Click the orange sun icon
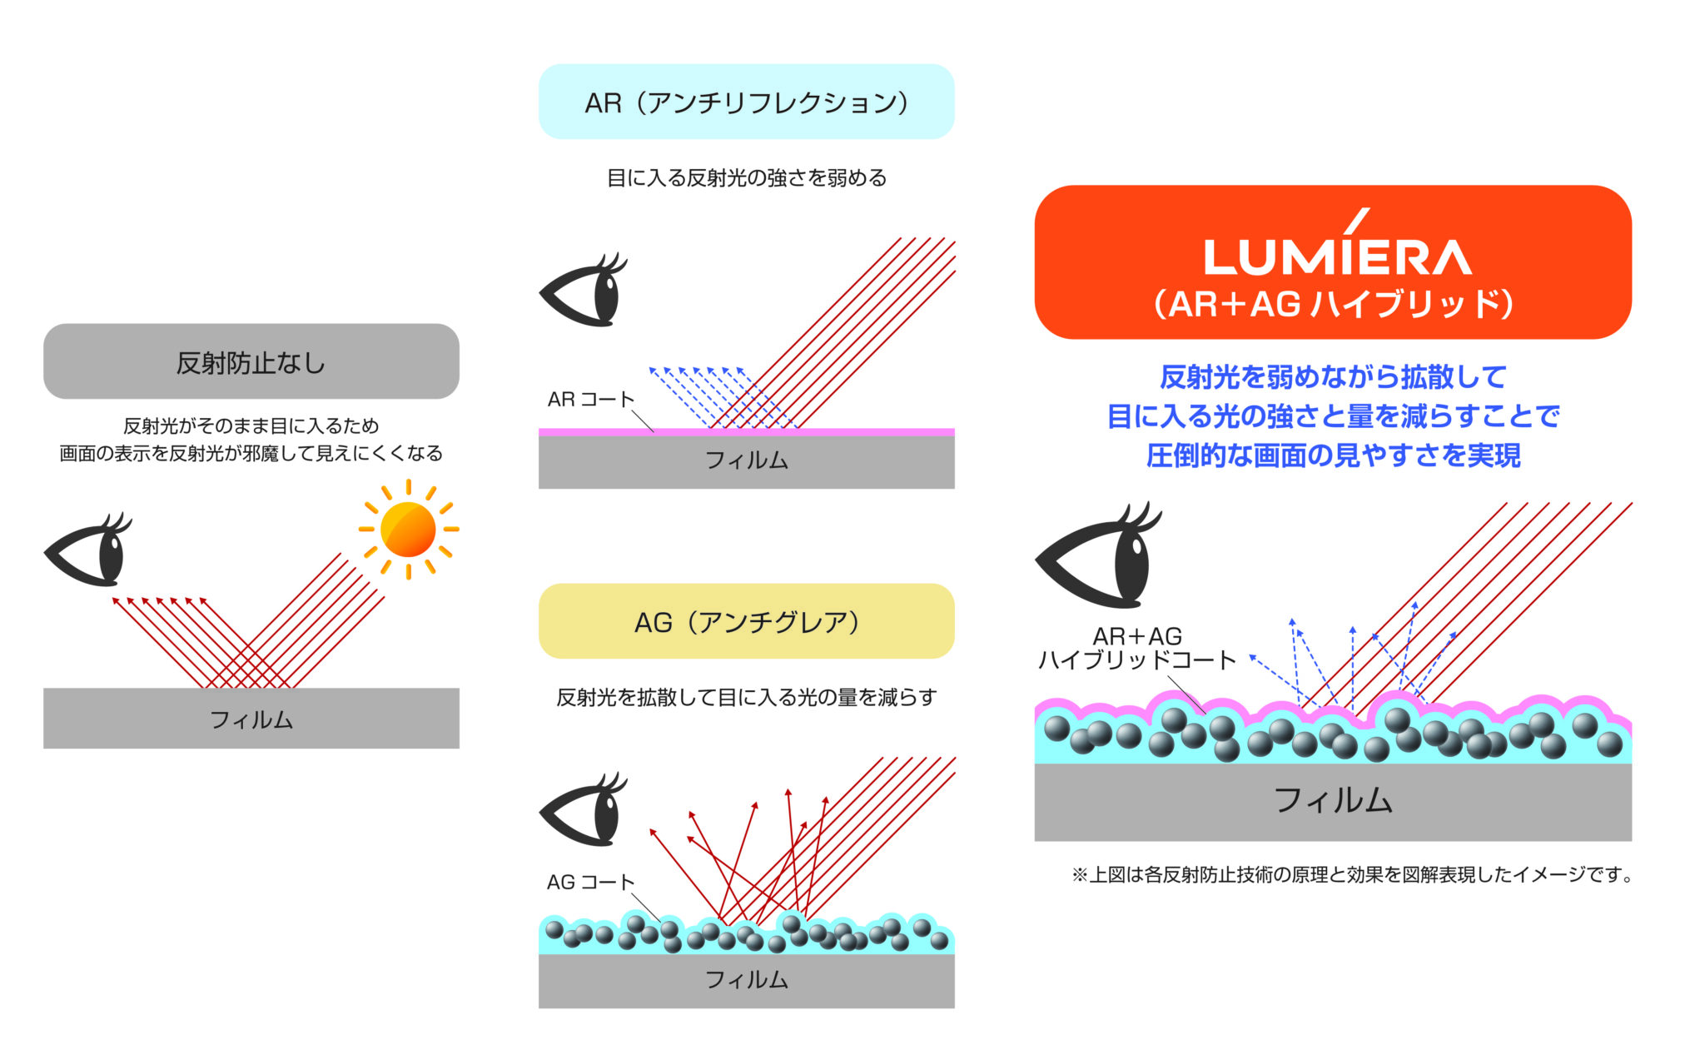pos(408,529)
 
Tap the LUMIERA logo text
pos(1337,255)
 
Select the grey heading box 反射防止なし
pos(251,361)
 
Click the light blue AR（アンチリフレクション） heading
pos(746,102)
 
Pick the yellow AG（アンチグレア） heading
pos(746,621)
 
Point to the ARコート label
pos(590,399)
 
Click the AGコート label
pos(590,882)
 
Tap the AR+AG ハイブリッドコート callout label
pos(1137,649)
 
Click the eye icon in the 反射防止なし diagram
pos(88,551)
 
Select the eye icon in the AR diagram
pos(584,291)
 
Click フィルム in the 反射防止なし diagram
pos(251,719)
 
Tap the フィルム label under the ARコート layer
pos(746,460)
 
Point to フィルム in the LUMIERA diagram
pos(1332,800)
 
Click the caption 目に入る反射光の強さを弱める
pos(746,177)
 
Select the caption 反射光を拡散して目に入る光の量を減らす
pos(746,697)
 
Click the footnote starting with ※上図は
pos(1352,874)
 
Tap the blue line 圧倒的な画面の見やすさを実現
pos(1333,455)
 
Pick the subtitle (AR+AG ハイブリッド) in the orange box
pos(1333,304)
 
